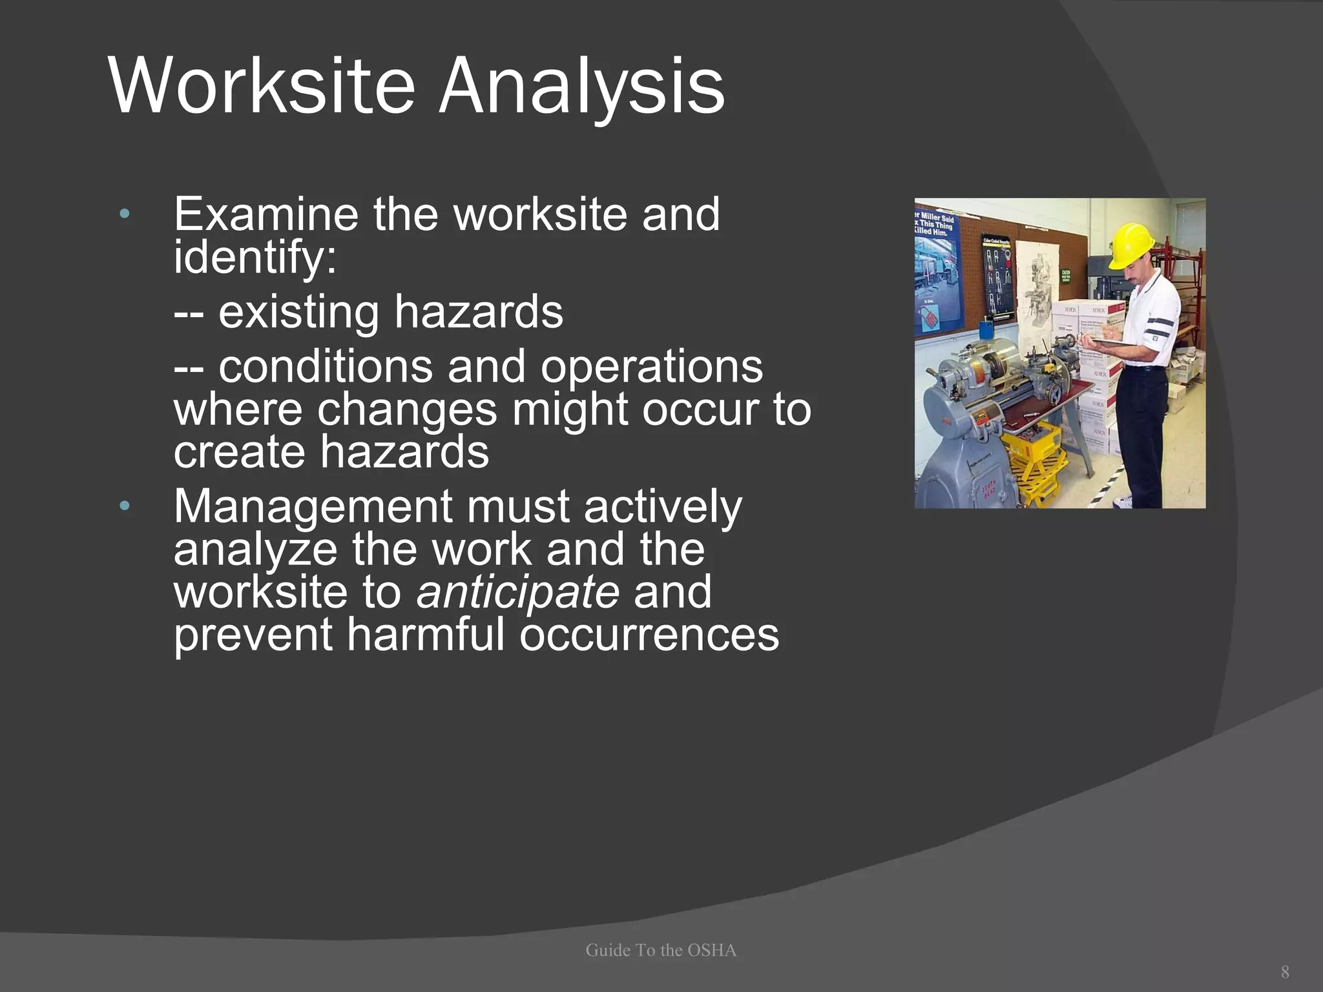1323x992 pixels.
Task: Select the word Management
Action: [313, 507]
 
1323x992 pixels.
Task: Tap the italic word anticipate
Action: [518, 592]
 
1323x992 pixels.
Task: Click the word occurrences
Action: [649, 635]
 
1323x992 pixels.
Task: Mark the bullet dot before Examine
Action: [125, 214]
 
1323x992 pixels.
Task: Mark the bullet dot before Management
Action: [125, 506]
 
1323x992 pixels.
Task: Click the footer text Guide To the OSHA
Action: [661, 950]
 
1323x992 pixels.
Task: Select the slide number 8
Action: [1285, 972]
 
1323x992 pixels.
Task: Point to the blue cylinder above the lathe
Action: [986, 330]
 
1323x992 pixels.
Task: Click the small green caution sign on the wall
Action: [1066, 276]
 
